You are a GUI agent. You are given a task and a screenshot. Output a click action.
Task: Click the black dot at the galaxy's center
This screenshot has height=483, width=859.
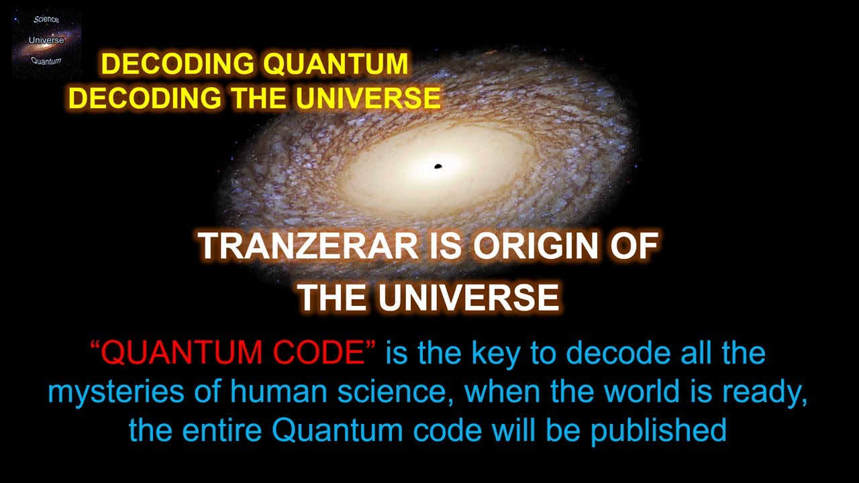[438, 166]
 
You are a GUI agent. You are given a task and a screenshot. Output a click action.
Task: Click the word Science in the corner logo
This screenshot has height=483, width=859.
[46, 19]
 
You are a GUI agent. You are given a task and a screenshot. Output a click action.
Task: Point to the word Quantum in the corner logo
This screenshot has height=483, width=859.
[46, 61]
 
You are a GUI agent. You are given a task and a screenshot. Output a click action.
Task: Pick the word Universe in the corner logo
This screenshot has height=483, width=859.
[46, 40]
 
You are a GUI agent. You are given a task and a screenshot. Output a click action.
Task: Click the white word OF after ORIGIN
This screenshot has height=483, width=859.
[634, 247]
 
